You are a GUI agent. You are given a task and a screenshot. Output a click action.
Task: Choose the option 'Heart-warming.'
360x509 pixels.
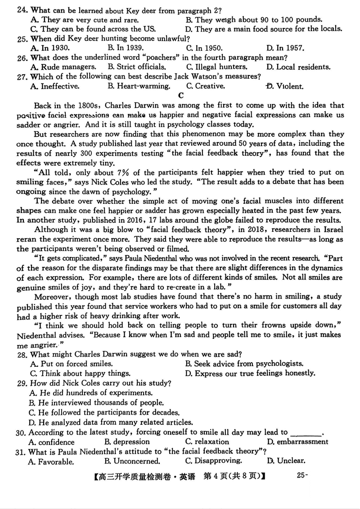tap(143, 86)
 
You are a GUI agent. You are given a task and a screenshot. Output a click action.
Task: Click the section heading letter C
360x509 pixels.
tap(181, 95)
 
